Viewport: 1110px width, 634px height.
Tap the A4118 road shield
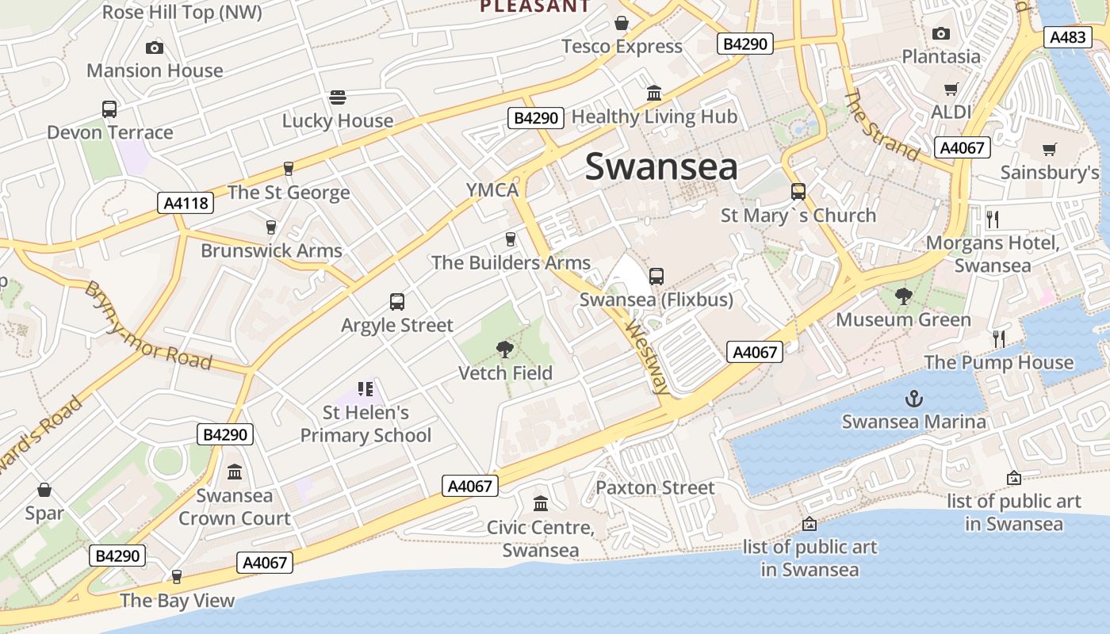pyautogui.click(x=186, y=203)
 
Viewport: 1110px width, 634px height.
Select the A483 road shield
pyautogui.click(x=1068, y=37)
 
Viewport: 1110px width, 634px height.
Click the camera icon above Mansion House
pyautogui.click(x=155, y=48)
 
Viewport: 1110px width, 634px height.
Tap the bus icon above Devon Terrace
pyautogui.click(x=109, y=109)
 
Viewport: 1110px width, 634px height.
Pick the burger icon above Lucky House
pyautogui.click(x=338, y=97)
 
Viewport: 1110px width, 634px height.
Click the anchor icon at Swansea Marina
pyautogui.click(x=914, y=398)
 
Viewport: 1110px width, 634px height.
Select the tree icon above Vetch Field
pyautogui.click(x=504, y=349)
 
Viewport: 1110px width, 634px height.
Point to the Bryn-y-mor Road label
pyautogui.click(x=148, y=326)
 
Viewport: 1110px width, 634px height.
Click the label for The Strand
pyautogui.click(x=882, y=125)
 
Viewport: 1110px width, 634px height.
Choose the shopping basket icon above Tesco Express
pyautogui.click(x=622, y=23)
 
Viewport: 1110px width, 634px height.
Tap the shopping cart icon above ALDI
pyautogui.click(x=951, y=89)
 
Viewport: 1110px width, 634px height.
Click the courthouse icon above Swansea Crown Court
pyautogui.click(x=235, y=472)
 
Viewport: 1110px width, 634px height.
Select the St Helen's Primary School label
pyautogui.click(x=366, y=424)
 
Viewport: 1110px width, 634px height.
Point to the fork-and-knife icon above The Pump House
pyautogui.click(x=999, y=339)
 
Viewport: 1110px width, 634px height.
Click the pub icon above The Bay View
pyautogui.click(x=177, y=576)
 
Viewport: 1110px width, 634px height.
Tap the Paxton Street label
pyautogui.click(x=655, y=487)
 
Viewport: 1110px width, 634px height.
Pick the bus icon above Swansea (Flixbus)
pyautogui.click(x=656, y=277)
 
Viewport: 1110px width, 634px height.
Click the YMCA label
pyautogui.click(x=492, y=190)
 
